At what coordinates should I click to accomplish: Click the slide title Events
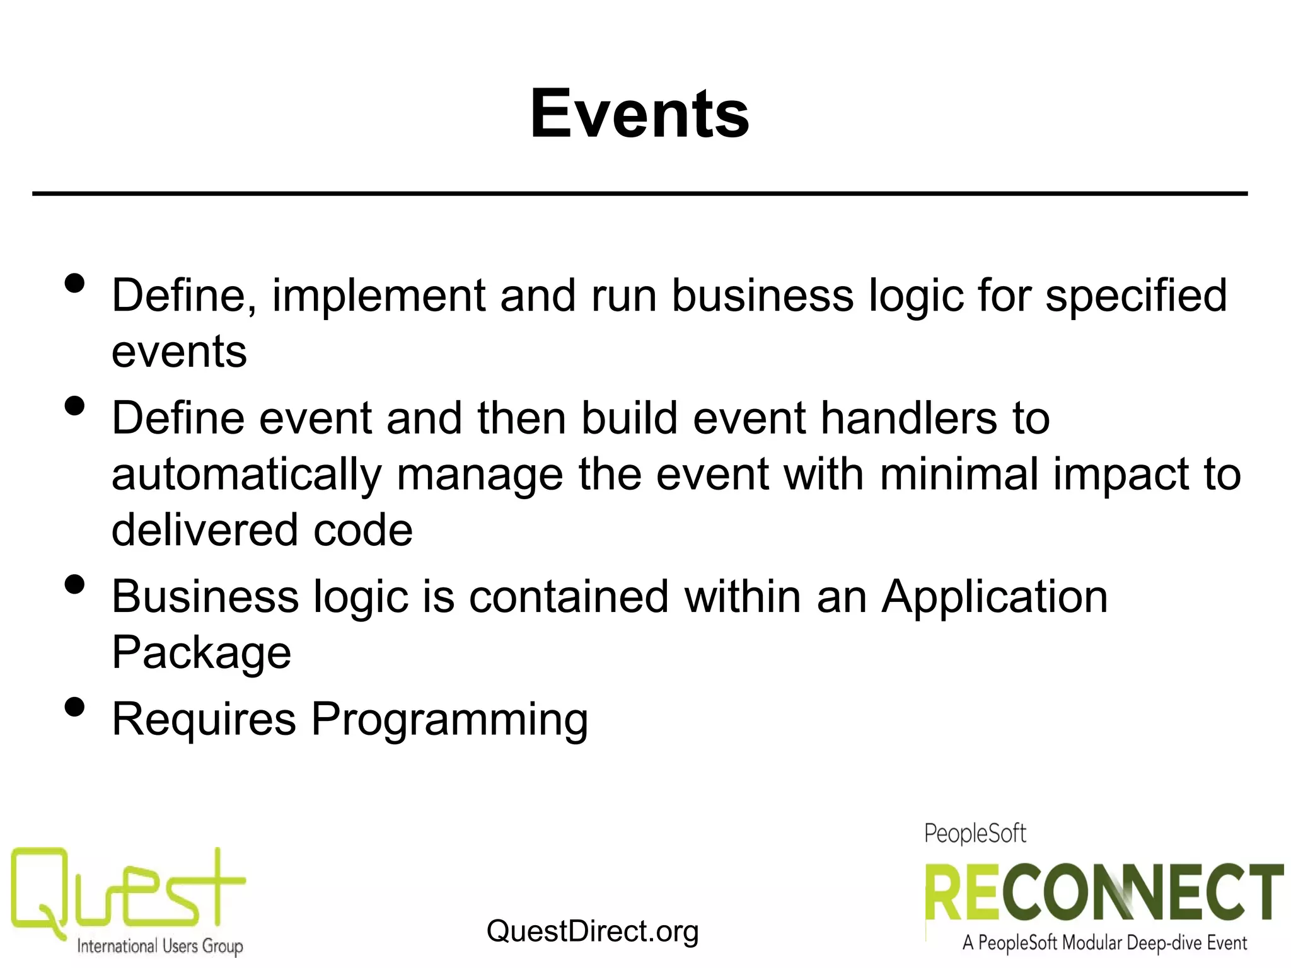click(639, 114)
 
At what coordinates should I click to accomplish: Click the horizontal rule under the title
click(639, 193)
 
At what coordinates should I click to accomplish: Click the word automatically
click(246, 475)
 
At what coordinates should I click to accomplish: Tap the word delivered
click(202, 529)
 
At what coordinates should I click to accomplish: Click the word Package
click(201, 653)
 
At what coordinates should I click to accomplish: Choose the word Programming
click(449, 720)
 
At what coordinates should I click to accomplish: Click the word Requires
click(204, 720)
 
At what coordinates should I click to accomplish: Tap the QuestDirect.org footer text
click(592, 931)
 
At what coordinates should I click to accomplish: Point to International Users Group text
click(159, 946)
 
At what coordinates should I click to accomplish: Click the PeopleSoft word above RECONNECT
click(975, 834)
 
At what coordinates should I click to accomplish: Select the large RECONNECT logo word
click(1103, 894)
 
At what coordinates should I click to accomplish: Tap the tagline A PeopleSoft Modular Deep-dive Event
click(1104, 943)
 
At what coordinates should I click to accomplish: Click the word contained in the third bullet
click(568, 597)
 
